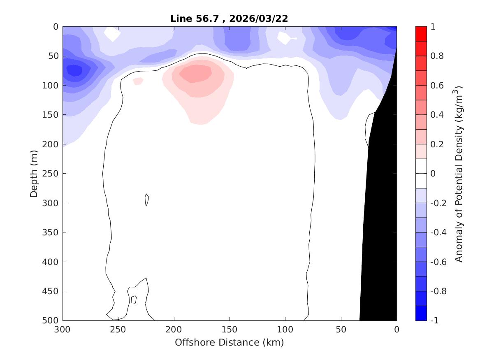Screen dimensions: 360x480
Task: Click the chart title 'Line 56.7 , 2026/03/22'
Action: (229, 19)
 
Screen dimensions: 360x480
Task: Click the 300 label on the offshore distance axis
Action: (63, 330)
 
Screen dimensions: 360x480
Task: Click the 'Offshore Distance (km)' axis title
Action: (229, 342)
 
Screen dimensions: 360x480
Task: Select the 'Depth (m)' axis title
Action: (35, 173)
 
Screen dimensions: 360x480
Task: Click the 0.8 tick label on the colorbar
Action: (437, 56)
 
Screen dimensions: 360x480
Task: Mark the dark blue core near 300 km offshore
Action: (74, 70)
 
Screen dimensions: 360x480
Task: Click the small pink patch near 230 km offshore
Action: (138, 81)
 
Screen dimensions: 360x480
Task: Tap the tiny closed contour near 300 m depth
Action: (146, 200)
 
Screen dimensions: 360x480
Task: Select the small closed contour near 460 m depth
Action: (133, 299)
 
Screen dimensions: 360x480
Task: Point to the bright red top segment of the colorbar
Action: (421, 34)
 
